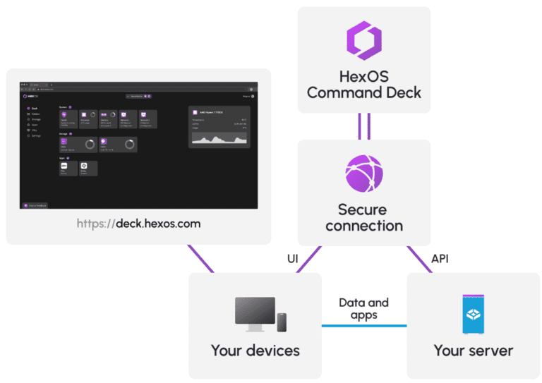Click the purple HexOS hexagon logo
(x=363, y=41)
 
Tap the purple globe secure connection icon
(x=363, y=174)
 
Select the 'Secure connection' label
(x=363, y=217)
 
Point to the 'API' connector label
(x=440, y=260)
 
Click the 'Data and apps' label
(x=363, y=309)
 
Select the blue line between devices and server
(x=363, y=326)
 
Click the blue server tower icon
(x=473, y=315)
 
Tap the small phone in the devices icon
(x=282, y=322)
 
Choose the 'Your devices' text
(x=255, y=351)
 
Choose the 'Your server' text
(x=473, y=351)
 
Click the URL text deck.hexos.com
(x=138, y=224)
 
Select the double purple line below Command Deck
(x=363, y=126)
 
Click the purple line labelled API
(x=419, y=259)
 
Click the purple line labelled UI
(x=310, y=259)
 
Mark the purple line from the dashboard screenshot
(x=200, y=258)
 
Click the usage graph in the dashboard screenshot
(x=219, y=140)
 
